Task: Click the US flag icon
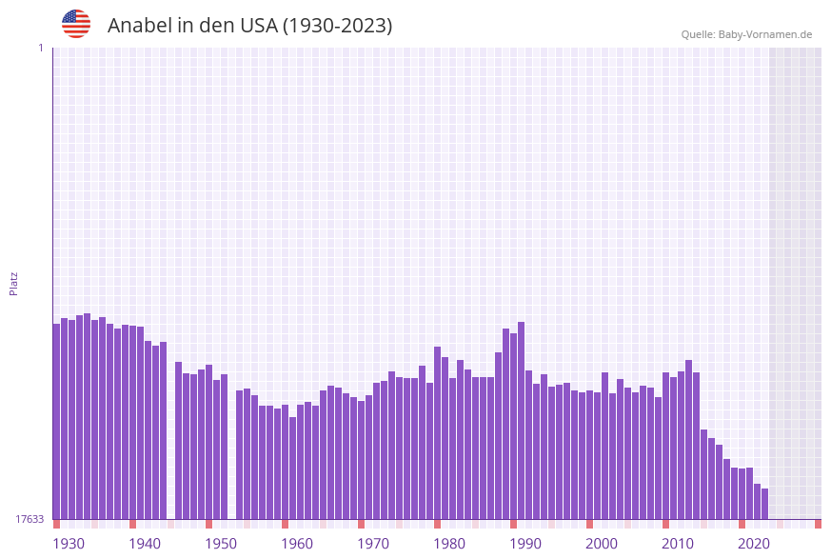point(76,24)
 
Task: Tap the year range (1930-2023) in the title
point(338,26)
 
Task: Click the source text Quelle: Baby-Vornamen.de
point(746,34)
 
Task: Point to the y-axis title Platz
point(14,283)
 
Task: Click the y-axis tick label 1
point(40,48)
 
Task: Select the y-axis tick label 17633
point(30,519)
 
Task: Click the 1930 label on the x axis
point(69,544)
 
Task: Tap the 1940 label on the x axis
point(145,544)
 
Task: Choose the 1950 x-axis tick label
point(221,544)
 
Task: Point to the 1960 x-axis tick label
point(297,544)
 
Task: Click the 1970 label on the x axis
point(373,544)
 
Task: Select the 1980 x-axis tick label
point(449,544)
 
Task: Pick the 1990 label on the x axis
point(525,544)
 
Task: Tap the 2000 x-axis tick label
point(602,544)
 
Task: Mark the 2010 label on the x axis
point(678,544)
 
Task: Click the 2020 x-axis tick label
point(754,544)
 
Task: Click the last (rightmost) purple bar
point(764,504)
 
